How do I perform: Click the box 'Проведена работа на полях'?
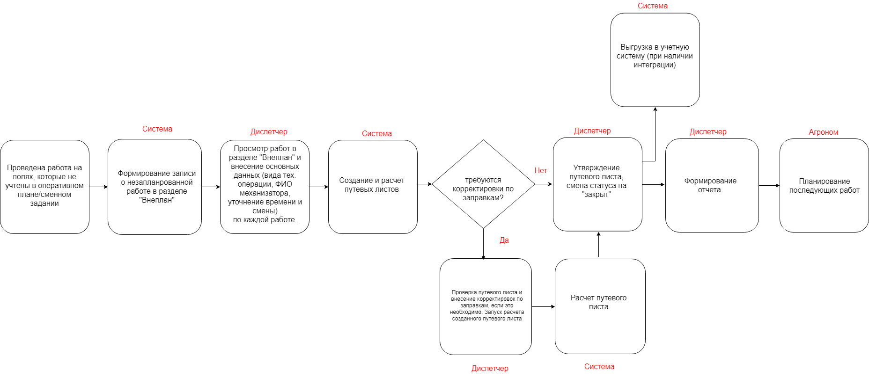(x=44, y=187)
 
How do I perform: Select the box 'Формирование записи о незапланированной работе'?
(x=155, y=187)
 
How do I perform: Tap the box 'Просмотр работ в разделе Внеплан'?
(x=265, y=187)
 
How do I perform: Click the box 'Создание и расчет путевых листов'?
(x=373, y=187)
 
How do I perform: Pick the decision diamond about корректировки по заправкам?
(x=483, y=184)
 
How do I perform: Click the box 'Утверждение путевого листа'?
(x=597, y=184)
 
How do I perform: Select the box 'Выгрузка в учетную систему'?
(x=655, y=60)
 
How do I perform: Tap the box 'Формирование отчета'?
(x=712, y=185)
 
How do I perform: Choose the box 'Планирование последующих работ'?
(x=824, y=185)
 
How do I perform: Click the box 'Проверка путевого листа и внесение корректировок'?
(x=486, y=306)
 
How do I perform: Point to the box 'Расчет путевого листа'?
(x=600, y=306)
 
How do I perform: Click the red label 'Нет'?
(x=541, y=171)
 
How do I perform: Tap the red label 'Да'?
(x=504, y=240)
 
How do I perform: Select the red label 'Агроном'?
(x=823, y=132)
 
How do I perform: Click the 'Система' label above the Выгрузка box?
(x=652, y=6)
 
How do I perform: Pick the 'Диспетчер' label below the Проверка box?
(x=490, y=369)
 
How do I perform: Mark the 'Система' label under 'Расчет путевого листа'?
(x=599, y=367)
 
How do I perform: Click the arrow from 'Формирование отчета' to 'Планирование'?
(x=769, y=186)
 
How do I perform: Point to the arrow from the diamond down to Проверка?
(x=483, y=244)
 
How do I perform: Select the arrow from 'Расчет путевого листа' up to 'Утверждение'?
(x=598, y=245)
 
